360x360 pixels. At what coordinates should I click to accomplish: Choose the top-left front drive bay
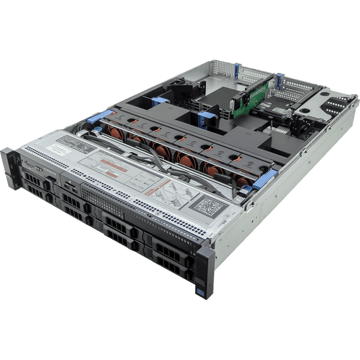[36, 182]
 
